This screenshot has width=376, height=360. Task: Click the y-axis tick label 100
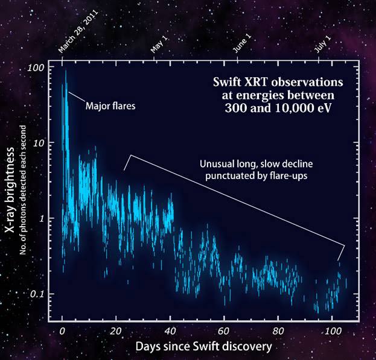pyautogui.click(x=36, y=68)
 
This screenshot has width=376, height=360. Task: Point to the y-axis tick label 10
pyautogui.click(x=39, y=144)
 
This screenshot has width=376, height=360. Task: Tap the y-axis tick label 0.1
pyautogui.click(x=37, y=294)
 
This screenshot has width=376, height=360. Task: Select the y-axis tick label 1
pyautogui.click(x=42, y=219)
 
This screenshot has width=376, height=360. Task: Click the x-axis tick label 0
pyautogui.click(x=62, y=331)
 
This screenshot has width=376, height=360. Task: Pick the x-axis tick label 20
pyautogui.click(x=116, y=331)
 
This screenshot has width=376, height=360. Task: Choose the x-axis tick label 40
pyautogui.click(x=170, y=331)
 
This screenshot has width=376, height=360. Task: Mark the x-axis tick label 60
pyautogui.click(x=224, y=331)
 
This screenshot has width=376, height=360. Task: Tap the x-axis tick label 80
pyautogui.click(x=278, y=331)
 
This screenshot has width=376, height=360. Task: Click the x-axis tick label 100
pyautogui.click(x=333, y=331)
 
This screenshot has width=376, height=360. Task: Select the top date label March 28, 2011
pyautogui.click(x=78, y=31)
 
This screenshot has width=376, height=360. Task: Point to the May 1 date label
pyautogui.click(x=159, y=45)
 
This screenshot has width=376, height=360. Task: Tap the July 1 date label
pyautogui.click(x=323, y=44)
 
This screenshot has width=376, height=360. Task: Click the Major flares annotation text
pyautogui.click(x=110, y=106)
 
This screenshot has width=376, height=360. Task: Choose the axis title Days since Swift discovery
pyautogui.click(x=204, y=347)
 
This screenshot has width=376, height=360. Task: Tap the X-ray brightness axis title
pyautogui.click(x=10, y=190)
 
